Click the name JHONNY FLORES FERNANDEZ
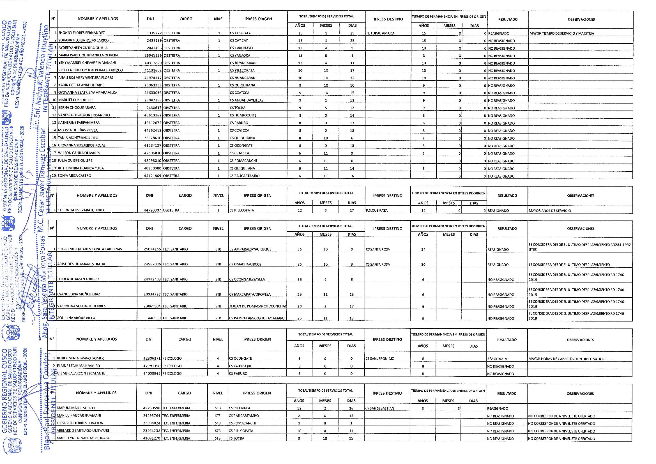point(81,33)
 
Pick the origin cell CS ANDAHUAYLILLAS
point(246,100)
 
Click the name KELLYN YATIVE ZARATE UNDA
point(81,210)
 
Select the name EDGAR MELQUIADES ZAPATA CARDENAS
point(90,249)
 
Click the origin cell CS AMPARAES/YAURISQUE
point(249,249)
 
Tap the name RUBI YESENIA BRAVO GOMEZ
point(80,358)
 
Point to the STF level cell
point(218,416)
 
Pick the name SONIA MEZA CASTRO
point(74,176)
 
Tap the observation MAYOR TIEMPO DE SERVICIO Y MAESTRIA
point(561,33)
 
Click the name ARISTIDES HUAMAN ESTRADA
point(81,264)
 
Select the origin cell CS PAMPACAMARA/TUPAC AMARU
point(257,318)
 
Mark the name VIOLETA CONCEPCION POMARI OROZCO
point(90,70)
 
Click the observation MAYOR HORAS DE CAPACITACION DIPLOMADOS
point(566,359)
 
